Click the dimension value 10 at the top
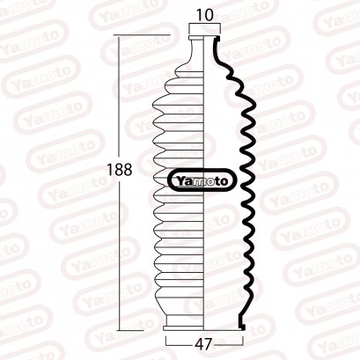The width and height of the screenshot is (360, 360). point(204,16)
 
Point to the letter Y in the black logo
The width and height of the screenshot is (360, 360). point(180,180)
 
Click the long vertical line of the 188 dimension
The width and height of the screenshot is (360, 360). point(120,106)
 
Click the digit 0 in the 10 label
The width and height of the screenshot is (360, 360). point(209,16)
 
